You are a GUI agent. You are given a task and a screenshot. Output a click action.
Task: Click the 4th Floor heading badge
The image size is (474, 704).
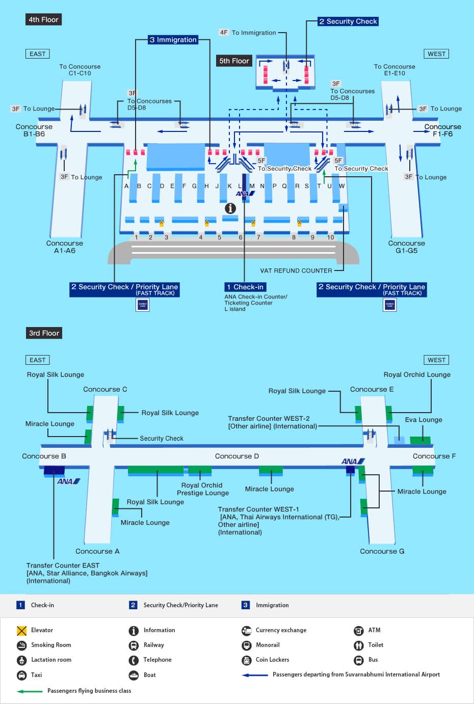(x=43, y=19)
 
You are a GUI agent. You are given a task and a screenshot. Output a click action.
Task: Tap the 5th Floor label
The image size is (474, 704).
(x=234, y=61)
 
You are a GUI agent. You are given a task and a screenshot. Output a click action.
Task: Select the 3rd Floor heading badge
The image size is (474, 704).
(x=44, y=333)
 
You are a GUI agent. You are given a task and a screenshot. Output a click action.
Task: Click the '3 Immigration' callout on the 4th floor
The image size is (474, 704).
(x=173, y=40)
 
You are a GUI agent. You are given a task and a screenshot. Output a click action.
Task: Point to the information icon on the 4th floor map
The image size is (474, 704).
(x=230, y=208)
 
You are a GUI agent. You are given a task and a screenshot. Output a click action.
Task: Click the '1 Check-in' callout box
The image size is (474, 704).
(x=245, y=287)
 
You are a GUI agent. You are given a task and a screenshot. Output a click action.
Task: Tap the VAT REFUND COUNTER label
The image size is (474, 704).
(x=296, y=270)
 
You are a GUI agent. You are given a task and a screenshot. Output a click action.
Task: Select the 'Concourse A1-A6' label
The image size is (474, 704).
(x=64, y=247)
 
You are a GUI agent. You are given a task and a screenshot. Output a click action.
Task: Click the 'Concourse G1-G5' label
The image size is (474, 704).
(x=406, y=247)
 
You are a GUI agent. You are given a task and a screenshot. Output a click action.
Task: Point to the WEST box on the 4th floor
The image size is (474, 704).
(x=436, y=54)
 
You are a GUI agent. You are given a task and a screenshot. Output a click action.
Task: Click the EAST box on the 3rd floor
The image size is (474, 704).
(x=37, y=360)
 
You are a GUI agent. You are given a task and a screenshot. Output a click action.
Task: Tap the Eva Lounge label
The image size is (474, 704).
(x=424, y=420)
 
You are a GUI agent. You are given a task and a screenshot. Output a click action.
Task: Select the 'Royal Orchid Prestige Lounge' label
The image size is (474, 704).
(x=202, y=489)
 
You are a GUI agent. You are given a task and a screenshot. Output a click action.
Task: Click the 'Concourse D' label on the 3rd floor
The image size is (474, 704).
(x=236, y=456)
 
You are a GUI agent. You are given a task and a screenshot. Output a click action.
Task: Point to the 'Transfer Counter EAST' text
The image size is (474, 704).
(x=63, y=565)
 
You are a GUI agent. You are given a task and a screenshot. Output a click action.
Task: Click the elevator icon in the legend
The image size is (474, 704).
(x=21, y=631)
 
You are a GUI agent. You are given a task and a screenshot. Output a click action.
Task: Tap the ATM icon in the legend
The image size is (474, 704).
(x=359, y=631)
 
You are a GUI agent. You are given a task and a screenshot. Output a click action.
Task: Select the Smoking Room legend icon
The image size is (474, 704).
(x=21, y=645)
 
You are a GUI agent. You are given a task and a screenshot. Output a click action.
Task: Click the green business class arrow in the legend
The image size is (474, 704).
(x=30, y=691)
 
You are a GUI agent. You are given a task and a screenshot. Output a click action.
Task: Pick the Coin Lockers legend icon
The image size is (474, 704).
(x=247, y=660)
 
